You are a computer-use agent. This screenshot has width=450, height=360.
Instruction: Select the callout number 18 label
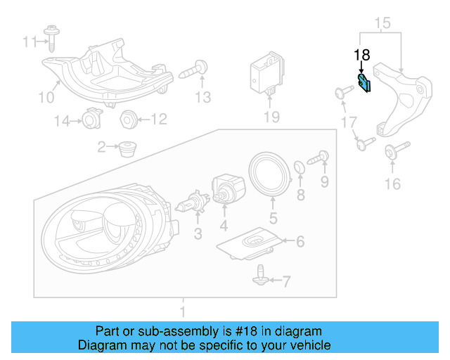pyautogui.click(x=361, y=55)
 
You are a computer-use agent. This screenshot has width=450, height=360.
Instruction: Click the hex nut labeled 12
pyautogui.click(x=128, y=119)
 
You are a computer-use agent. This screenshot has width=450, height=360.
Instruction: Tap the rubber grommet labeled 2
pyautogui.click(x=127, y=148)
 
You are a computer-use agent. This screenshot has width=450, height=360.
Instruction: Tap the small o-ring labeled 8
pyautogui.click(x=299, y=167)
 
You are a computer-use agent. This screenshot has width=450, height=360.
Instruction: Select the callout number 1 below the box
pyautogui.click(x=184, y=311)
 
